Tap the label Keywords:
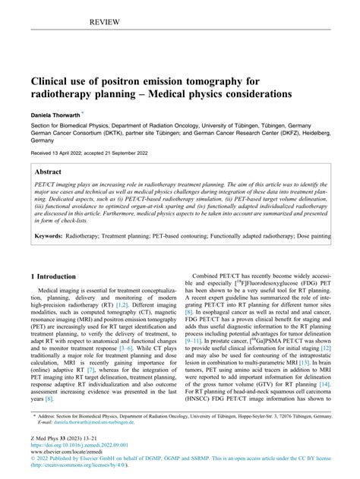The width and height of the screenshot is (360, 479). [x=49, y=237]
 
